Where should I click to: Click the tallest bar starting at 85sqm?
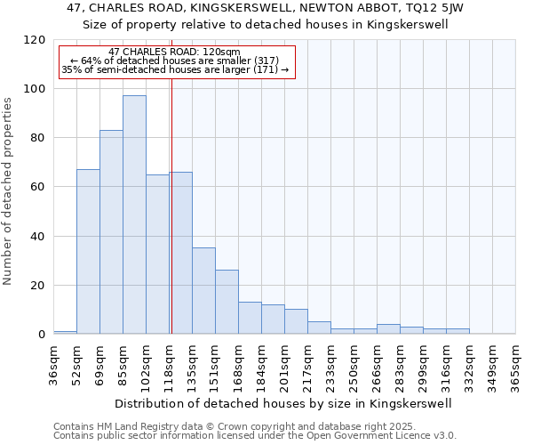click(x=134, y=214)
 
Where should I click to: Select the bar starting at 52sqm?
click(x=88, y=251)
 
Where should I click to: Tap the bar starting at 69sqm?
click(x=111, y=231)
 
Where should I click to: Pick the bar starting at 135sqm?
click(x=203, y=290)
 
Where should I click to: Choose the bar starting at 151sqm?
click(x=227, y=302)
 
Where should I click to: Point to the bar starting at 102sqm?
click(x=157, y=254)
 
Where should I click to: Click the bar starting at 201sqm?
click(x=296, y=321)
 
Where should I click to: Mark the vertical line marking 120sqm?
click(x=171, y=205)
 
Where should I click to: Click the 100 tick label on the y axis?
click(x=35, y=89)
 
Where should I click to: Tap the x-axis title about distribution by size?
click(x=283, y=403)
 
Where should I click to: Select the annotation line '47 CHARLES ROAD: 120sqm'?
click(x=174, y=53)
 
